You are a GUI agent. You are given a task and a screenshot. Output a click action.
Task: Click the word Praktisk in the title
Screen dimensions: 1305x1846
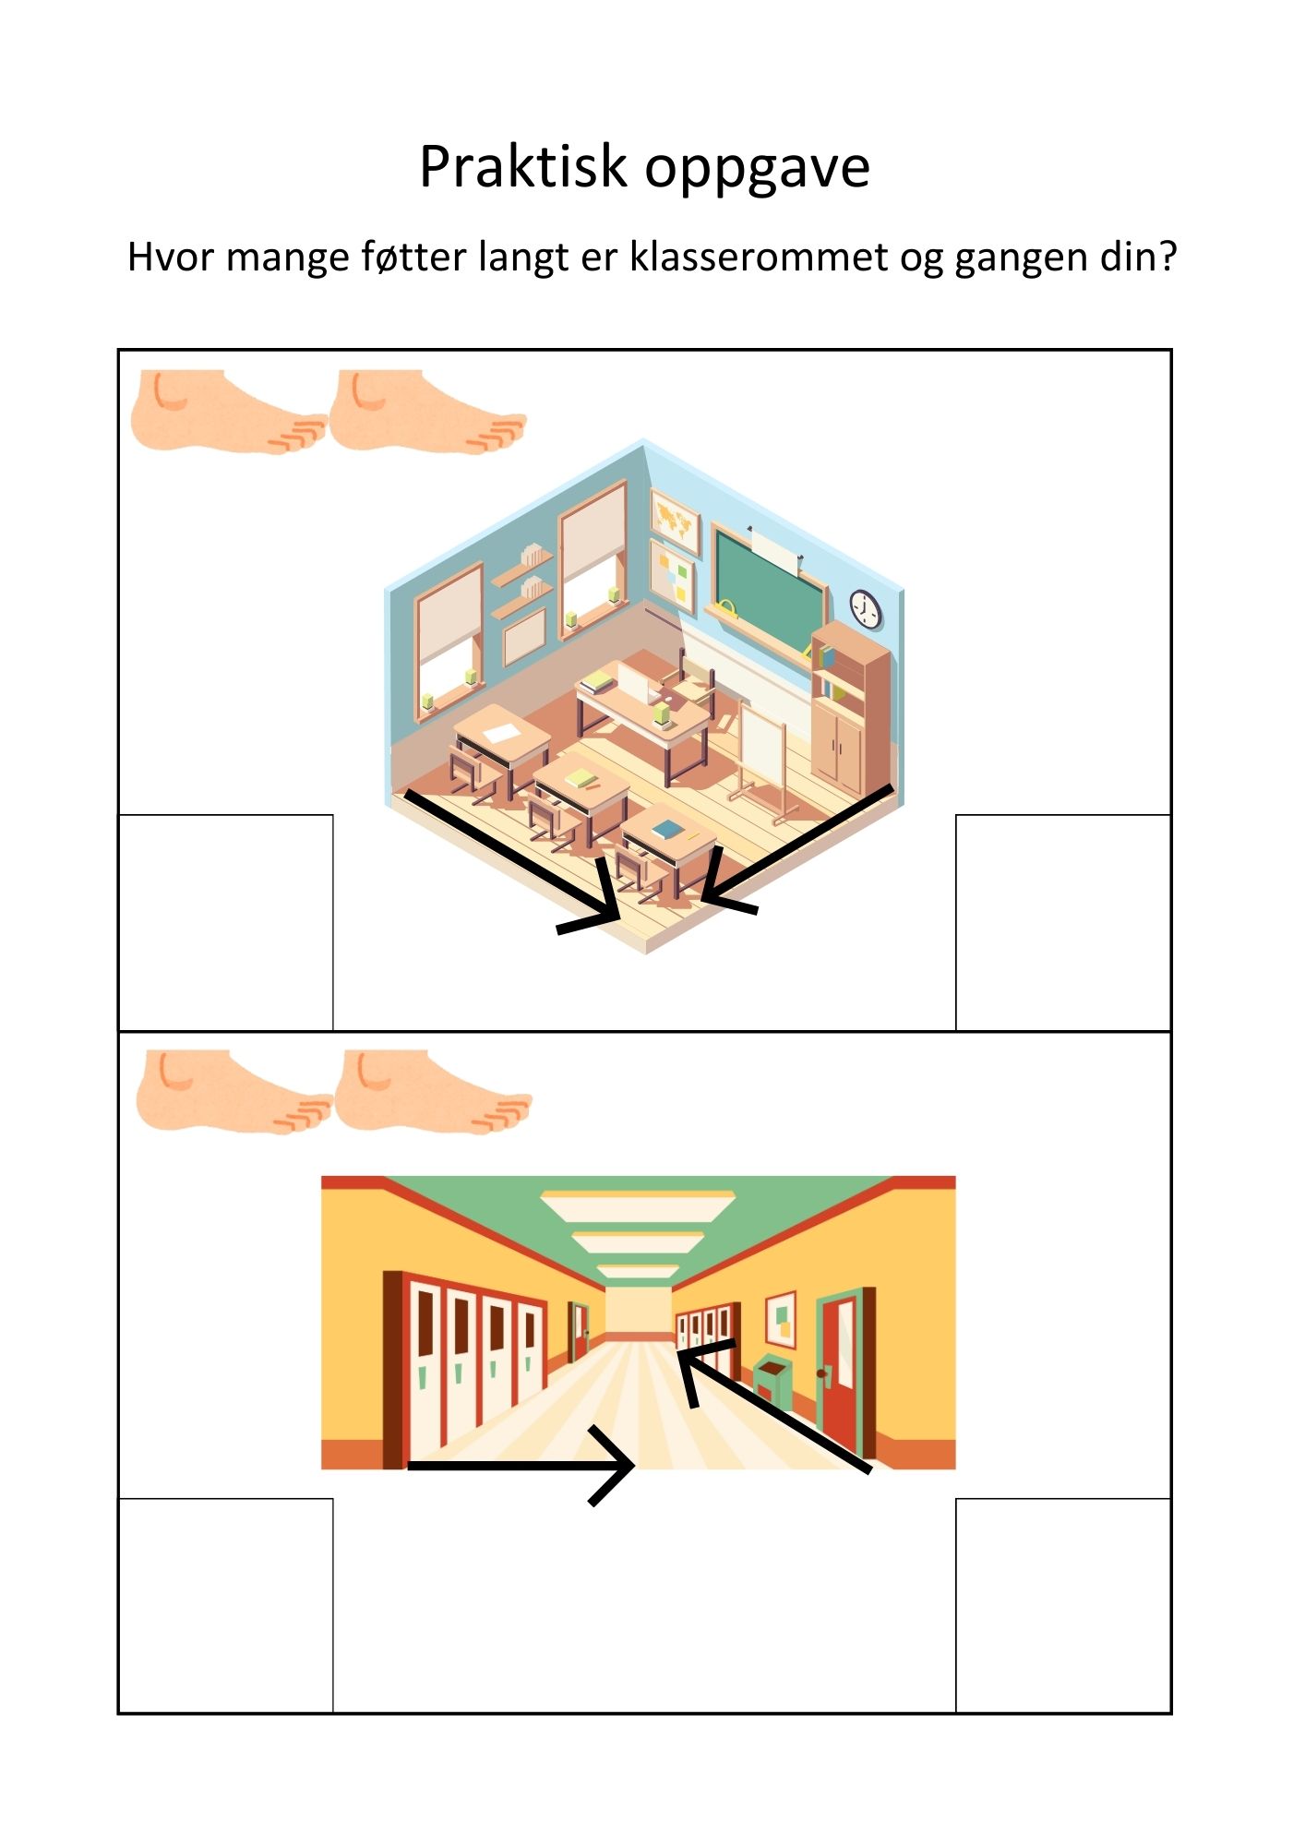coord(523,167)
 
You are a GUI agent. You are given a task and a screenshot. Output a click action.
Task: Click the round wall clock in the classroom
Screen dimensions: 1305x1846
coord(865,609)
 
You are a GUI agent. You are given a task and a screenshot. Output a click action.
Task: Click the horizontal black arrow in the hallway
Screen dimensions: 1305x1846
coord(521,1465)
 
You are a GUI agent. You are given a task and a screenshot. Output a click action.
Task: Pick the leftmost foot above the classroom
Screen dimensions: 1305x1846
coord(228,412)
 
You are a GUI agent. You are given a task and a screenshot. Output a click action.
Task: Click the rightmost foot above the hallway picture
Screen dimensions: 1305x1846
coord(433,1092)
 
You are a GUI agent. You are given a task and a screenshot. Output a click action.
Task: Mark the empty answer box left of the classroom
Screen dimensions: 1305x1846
coord(225,922)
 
